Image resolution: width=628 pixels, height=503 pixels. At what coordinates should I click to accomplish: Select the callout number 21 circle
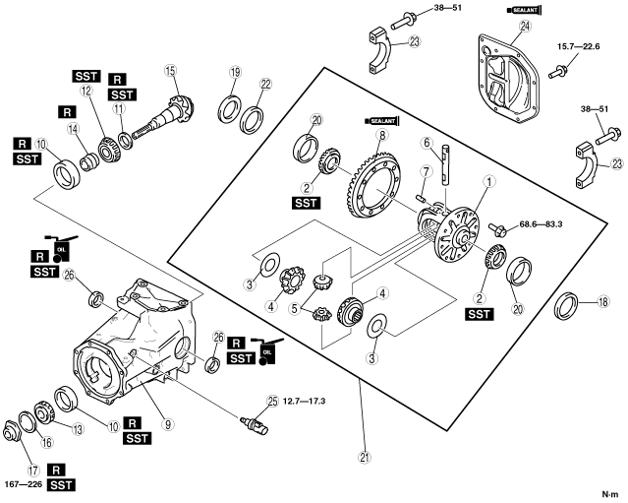click(x=363, y=457)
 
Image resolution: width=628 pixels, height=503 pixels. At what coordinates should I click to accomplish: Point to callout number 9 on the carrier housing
click(x=168, y=425)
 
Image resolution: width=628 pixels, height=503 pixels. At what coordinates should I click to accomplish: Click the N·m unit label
click(x=609, y=492)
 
